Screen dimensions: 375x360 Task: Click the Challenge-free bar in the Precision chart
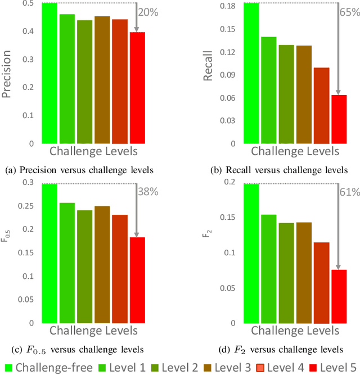point(49,73)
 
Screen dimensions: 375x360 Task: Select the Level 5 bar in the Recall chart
point(339,119)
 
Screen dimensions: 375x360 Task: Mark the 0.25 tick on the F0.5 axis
point(25,206)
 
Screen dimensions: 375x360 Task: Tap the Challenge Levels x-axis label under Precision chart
point(93,152)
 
